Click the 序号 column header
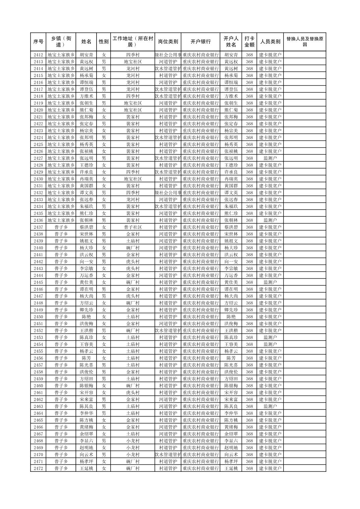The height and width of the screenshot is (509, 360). pyautogui.click(x=38, y=42)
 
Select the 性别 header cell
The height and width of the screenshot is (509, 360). pyautogui.click(x=104, y=42)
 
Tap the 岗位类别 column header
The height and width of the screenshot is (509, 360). pyautogui.click(x=168, y=42)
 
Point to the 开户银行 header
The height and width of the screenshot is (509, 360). pyautogui.click(x=200, y=42)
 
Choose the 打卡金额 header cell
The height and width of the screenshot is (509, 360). pyautogui.click(x=249, y=42)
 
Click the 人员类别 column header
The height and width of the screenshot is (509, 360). pyautogui.click(x=270, y=42)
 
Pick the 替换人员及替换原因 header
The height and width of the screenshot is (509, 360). pyautogui.click(x=304, y=42)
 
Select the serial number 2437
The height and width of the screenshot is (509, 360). pyautogui.click(x=38, y=227)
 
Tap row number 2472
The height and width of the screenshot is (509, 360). pyautogui.click(x=38, y=468)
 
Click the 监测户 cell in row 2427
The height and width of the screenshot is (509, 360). pyautogui.click(x=270, y=158)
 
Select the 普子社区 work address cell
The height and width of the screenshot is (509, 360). pyautogui.click(x=133, y=227)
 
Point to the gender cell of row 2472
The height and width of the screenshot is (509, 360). pyautogui.click(x=104, y=468)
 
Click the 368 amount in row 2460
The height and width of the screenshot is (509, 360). pyautogui.click(x=249, y=386)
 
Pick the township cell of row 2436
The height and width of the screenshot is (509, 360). pyautogui.click(x=61, y=220)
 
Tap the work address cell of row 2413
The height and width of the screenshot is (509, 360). pyautogui.click(x=133, y=62)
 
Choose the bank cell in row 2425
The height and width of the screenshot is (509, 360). pyautogui.click(x=200, y=144)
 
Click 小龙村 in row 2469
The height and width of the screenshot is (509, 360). pyautogui.click(x=133, y=448)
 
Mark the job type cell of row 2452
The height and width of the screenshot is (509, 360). pyautogui.click(x=168, y=331)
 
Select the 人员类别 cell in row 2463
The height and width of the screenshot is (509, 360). pyautogui.click(x=270, y=406)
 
